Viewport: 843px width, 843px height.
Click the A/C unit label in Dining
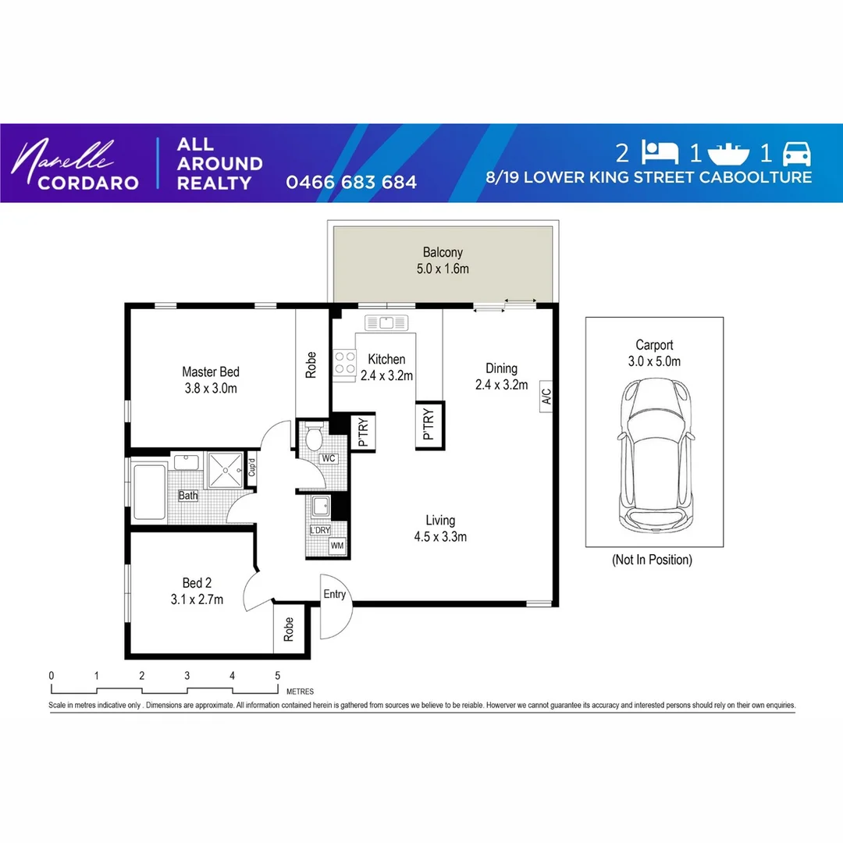[x=546, y=397]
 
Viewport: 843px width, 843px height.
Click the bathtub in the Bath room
[x=149, y=492]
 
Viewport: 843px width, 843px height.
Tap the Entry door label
[x=334, y=595]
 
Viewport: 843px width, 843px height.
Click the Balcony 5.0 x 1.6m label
[x=443, y=261]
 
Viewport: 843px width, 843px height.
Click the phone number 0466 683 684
[x=351, y=183]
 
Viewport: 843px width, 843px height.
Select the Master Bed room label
[x=210, y=379]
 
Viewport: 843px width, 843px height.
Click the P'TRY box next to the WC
[x=363, y=432]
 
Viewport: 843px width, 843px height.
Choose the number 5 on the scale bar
[x=278, y=676]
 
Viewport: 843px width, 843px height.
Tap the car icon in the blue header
[x=796, y=152]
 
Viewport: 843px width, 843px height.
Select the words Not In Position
[x=653, y=560]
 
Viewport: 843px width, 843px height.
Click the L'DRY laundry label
[x=320, y=531]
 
